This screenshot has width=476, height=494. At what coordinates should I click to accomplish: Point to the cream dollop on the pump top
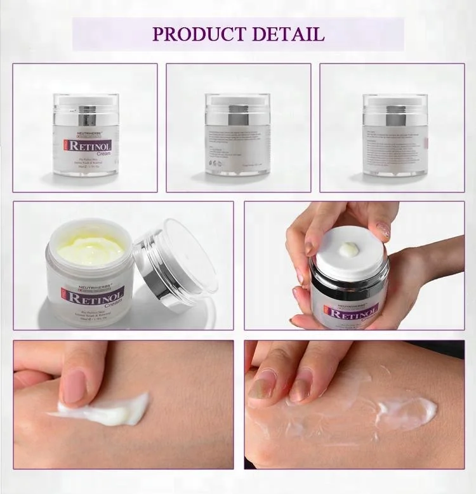click(349, 250)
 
